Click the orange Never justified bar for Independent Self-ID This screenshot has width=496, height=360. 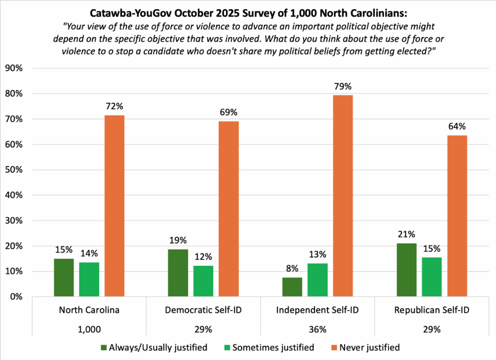(x=343, y=196)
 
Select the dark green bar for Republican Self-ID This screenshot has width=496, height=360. (x=406, y=270)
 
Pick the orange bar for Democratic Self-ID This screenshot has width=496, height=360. (x=229, y=209)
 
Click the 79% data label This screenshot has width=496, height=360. (x=343, y=87)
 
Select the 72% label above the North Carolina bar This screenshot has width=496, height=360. (x=114, y=106)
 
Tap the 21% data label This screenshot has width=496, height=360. (x=406, y=235)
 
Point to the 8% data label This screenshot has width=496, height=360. (x=292, y=269)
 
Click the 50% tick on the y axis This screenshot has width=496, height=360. (x=15, y=170)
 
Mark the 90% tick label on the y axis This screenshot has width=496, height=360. (x=15, y=68)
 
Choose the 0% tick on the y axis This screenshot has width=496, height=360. (x=17, y=297)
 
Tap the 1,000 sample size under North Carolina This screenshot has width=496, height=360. (x=89, y=329)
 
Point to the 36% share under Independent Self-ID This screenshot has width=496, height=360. (x=317, y=329)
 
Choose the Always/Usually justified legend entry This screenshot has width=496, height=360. (x=153, y=347)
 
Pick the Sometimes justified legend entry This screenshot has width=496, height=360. (x=268, y=347)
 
